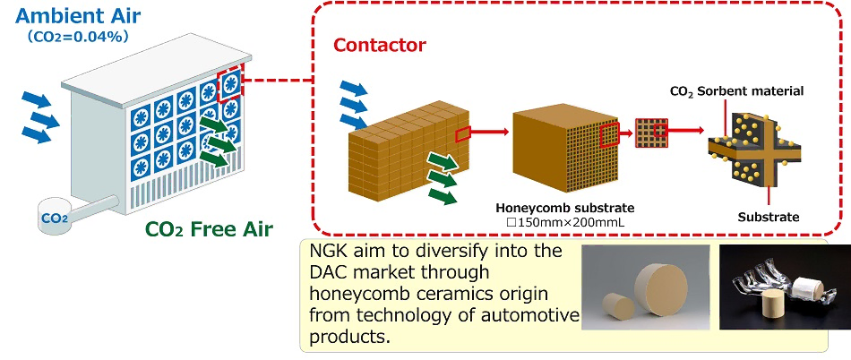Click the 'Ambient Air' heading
[x=78, y=15]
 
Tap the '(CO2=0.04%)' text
[x=78, y=38]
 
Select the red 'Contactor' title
[x=380, y=45]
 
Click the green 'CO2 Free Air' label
[x=209, y=229]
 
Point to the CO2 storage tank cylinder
[x=56, y=217]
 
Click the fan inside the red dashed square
[x=230, y=83]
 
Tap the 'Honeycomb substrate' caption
[x=565, y=208]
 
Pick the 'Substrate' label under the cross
[x=769, y=218]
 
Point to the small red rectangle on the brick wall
[x=462, y=133]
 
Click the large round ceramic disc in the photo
[x=661, y=290]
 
